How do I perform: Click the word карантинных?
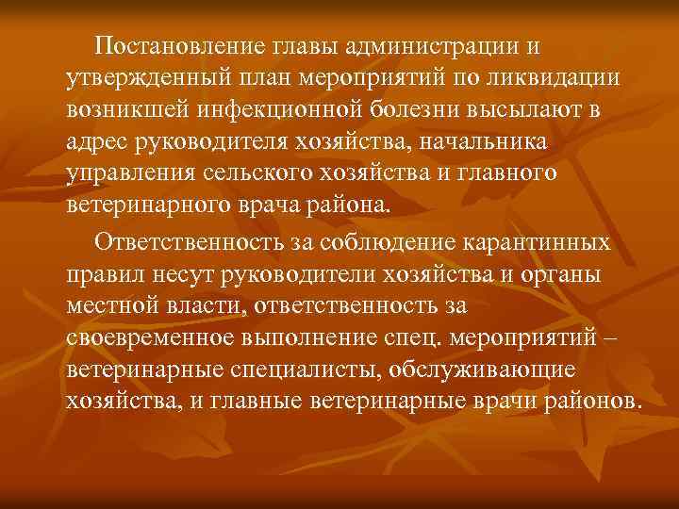[x=538, y=242]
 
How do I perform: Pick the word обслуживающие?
[x=488, y=372]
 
